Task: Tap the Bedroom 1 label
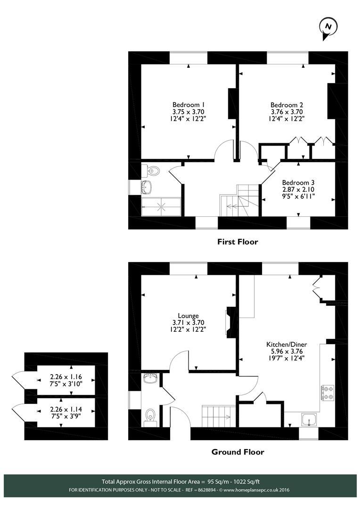pyautogui.click(x=188, y=105)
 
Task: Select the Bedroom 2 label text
pyautogui.click(x=286, y=105)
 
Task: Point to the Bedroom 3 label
pyautogui.click(x=298, y=182)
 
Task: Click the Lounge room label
pyautogui.click(x=188, y=316)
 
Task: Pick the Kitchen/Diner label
pyautogui.click(x=286, y=344)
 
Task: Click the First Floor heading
pyautogui.click(x=237, y=242)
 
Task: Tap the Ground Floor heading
pyautogui.click(x=237, y=452)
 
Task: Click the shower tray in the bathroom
pyautogui.click(x=161, y=205)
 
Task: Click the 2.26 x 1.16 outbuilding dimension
pyautogui.click(x=66, y=377)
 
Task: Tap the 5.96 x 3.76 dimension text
pyautogui.click(x=286, y=351)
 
